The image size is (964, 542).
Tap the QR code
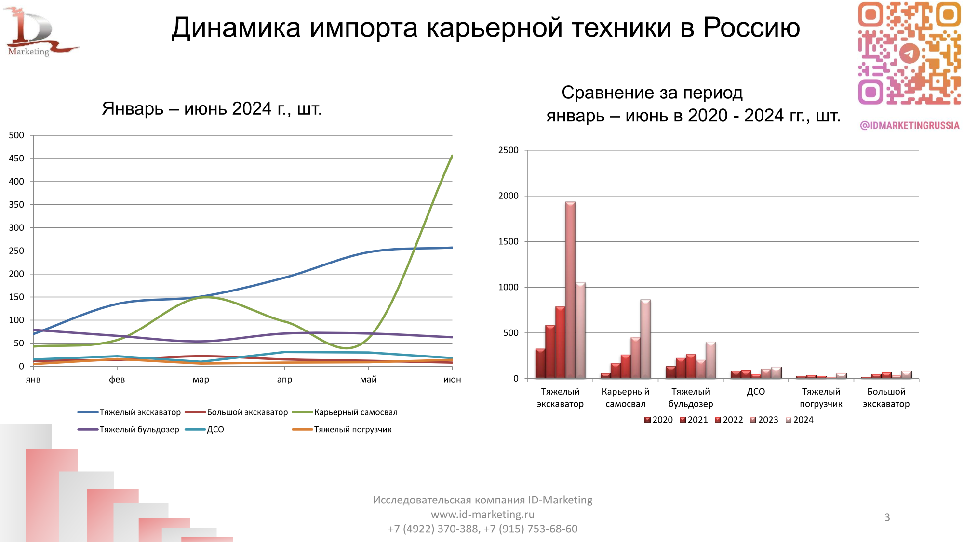[909, 53]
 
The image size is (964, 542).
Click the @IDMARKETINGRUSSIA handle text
[910, 125]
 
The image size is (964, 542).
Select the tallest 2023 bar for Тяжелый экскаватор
[570, 289]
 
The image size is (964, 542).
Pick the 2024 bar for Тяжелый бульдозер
[711, 360]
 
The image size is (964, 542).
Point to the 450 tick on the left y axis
[16, 159]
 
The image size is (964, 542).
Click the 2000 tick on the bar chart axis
[508, 196]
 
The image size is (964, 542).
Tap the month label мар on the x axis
[201, 380]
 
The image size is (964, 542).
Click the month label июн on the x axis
[452, 380]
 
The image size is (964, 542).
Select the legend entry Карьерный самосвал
[355, 412]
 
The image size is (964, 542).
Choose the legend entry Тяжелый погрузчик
[352, 429]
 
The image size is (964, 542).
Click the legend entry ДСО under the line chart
[215, 429]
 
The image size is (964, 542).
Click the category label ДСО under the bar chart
[756, 392]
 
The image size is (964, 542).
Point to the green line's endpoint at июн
[452, 156]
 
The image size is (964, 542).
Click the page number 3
[887, 517]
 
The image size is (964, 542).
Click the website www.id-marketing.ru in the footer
[482, 515]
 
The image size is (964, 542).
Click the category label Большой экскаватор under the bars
[886, 397]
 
